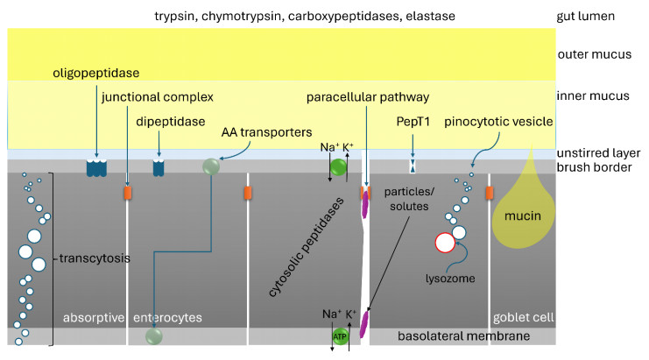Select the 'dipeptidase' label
(x=172, y=122)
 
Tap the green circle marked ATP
(x=340, y=336)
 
